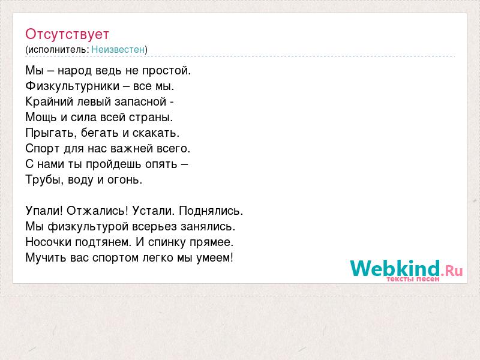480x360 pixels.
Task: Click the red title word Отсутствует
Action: [67, 34]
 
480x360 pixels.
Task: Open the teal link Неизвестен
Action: [118, 49]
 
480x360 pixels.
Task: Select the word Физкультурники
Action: [72, 86]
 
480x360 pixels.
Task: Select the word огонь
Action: [125, 180]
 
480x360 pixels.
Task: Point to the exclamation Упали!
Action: [44, 211]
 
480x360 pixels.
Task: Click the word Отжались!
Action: [98, 211]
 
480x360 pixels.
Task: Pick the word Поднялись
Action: [211, 211]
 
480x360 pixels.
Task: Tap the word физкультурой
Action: [88, 227]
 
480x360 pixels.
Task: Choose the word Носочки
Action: [49, 242]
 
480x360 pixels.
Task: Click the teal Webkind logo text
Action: [395, 268]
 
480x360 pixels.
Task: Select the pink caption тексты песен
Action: [413, 279]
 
